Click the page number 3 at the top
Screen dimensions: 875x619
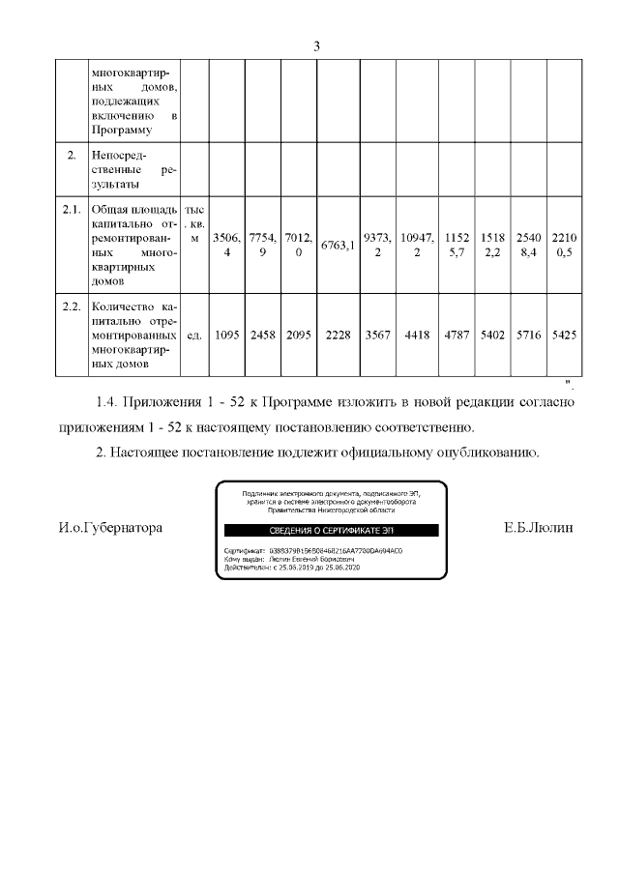click(x=316, y=46)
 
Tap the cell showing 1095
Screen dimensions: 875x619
click(x=224, y=335)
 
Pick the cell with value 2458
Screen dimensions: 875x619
click(x=262, y=335)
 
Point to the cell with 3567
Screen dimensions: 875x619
click(x=378, y=335)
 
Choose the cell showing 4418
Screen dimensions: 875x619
click(x=418, y=335)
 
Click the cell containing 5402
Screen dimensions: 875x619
click(x=493, y=335)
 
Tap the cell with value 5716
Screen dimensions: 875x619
click(x=529, y=335)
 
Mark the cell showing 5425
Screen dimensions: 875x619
click(x=564, y=335)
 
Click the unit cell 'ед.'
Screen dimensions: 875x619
click(x=193, y=335)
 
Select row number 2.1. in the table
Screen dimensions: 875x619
click(x=70, y=209)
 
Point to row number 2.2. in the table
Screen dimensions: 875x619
click(x=70, y=306)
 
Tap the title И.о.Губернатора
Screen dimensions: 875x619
click(x=109, y=528)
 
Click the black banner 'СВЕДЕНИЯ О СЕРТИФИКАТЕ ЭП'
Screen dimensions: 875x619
click(x=331, y=531)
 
